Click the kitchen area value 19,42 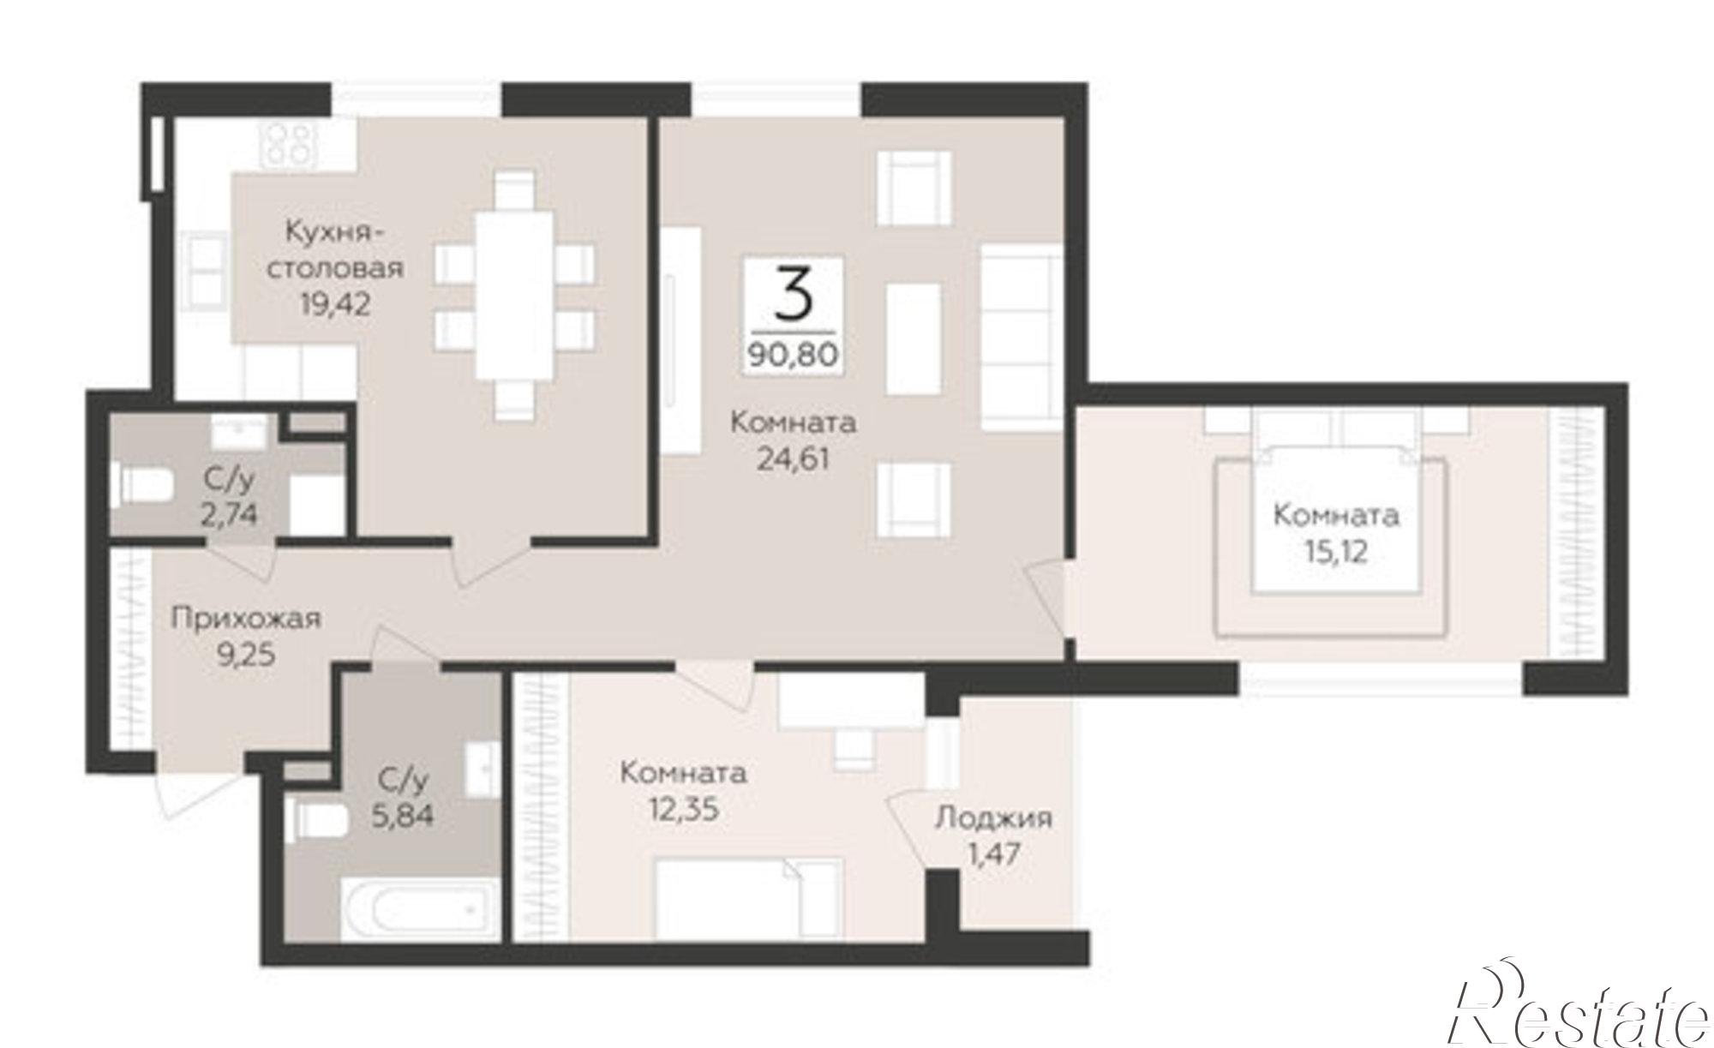[x=336, y=303]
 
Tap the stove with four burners [x=289, y=143]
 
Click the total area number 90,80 [x=793, y=353]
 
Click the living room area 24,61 [x=793, y=460]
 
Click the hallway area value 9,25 [x=246, y=656]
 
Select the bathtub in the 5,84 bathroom [x=420, y=909]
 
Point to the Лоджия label [x=993, y=818]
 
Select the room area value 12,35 [x=683, y=810]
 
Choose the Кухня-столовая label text [x=337, y=249]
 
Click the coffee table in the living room [x=914, y=338]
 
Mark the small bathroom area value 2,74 [x=230, y=514]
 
